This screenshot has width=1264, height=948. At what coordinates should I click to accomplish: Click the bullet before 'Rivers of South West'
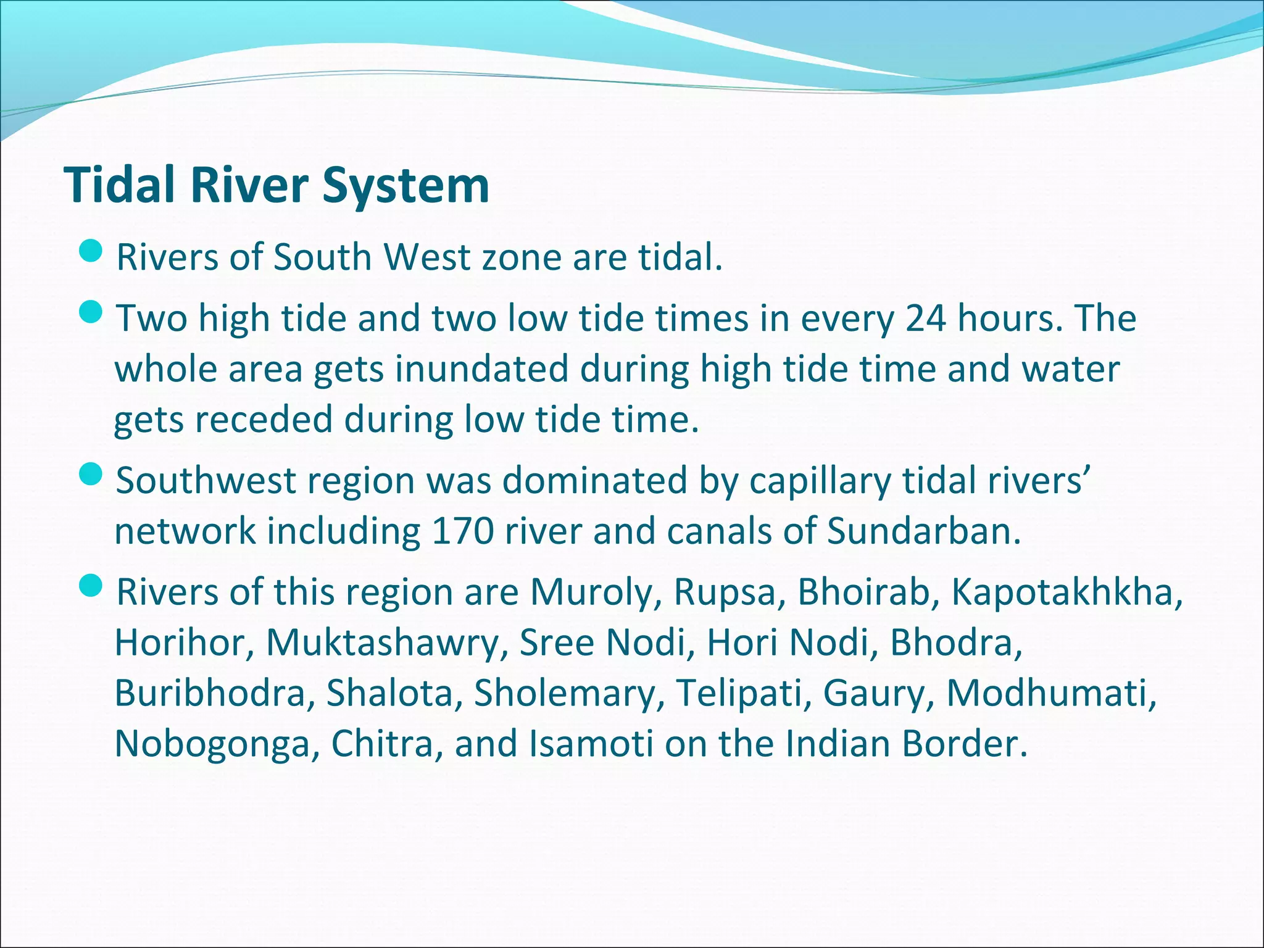[91, 251]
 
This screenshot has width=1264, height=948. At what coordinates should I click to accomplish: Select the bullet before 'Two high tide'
[91, 312]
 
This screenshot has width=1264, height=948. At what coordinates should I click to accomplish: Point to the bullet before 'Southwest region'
[91, 475]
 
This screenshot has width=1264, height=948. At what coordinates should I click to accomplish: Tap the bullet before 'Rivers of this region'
[91, 586]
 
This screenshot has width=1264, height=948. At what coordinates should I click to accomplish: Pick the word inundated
[481, 369]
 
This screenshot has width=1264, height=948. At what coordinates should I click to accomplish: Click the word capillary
[820, 481]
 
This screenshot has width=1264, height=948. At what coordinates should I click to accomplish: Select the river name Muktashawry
[383, 643]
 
